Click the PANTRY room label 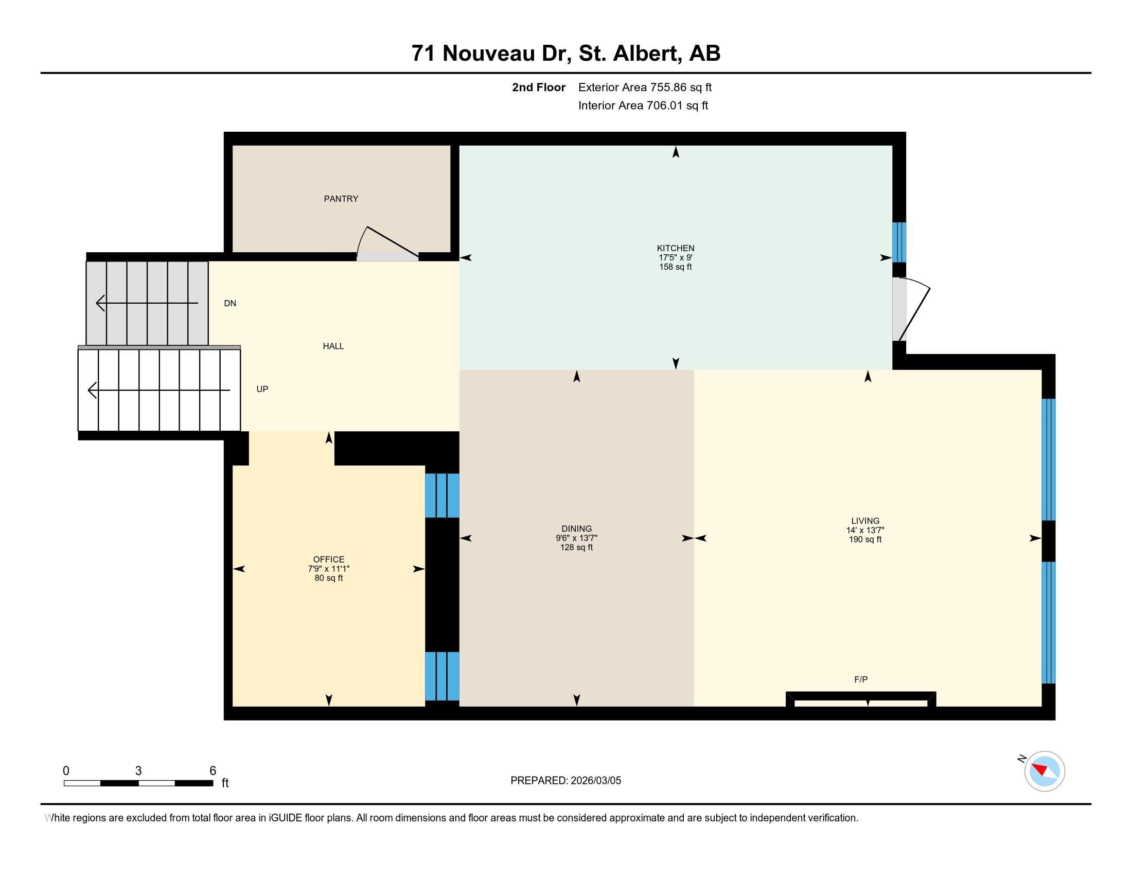[341, 199]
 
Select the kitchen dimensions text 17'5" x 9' [676, 258]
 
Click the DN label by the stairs [230, 304]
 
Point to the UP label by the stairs [262, 389]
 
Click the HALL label [333, 346]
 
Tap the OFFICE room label [329, 559]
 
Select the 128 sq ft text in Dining [576, 548]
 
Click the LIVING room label [865, 521]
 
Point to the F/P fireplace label [861, 679]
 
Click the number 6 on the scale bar [213, 771]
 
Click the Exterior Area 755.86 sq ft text [645, 87]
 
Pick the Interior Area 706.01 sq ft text [643, 106]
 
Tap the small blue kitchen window [899, 242]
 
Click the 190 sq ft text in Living [865, 539]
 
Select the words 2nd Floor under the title [539, 87]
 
